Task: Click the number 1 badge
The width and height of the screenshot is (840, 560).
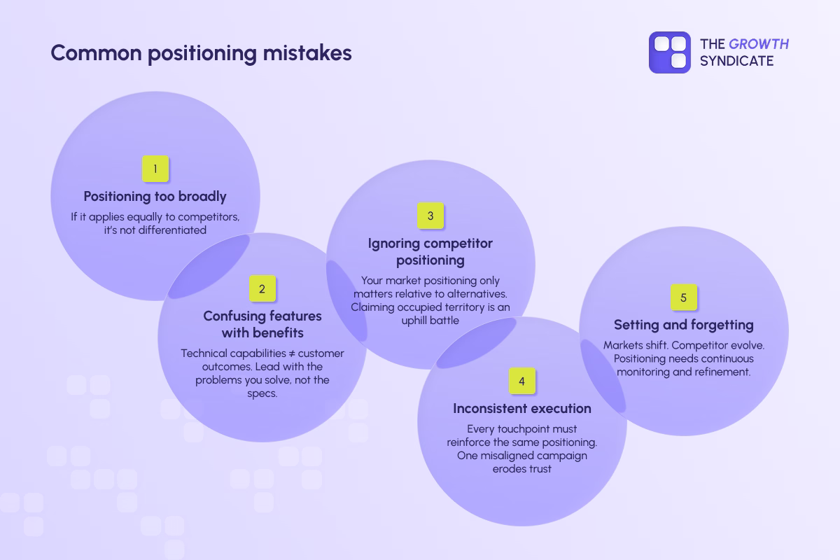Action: point(155,169)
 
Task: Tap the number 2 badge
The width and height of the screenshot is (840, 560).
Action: point(262,288)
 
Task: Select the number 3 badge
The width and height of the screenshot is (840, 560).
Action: point(430,216)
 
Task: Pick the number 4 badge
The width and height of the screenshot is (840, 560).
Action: point(521,381)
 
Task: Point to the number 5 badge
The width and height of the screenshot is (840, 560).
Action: point(684,297)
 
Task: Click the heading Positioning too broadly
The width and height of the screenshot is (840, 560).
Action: point(155,196)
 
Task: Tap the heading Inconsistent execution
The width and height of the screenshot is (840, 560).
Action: point(521,408)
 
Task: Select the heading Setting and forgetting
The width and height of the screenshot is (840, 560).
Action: point(684,325)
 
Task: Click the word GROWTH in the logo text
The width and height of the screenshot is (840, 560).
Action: point(759,44)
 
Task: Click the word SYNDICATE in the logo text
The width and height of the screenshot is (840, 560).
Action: point(737,61)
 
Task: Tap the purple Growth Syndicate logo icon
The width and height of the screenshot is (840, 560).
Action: point(670,52)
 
